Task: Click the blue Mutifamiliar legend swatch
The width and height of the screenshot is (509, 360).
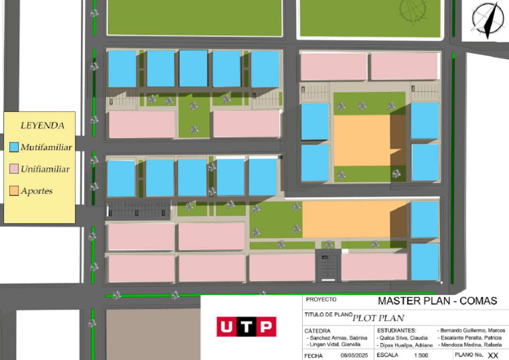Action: coord(15,147)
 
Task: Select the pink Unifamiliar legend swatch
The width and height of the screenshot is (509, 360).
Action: coord(15,168)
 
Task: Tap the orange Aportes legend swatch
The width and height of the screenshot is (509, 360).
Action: coord(15,191)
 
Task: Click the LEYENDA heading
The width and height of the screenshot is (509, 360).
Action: coord(42,125)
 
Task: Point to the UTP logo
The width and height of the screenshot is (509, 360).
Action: coord(246,326)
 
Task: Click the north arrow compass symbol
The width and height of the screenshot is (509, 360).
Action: coord(487,18)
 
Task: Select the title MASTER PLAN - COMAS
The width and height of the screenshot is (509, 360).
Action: coord(437,301)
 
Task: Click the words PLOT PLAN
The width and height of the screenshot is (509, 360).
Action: coord(378,318)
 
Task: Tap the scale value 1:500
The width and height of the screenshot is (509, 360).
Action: coord(422,355)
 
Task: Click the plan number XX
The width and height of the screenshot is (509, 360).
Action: coord(492,355)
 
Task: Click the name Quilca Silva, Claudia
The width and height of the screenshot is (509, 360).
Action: coord(404,337)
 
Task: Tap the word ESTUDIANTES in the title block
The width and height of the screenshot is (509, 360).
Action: coord(396,330)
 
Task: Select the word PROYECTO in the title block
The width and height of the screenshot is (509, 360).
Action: coord(321,300)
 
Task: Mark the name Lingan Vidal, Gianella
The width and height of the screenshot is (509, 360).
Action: coord(336,345)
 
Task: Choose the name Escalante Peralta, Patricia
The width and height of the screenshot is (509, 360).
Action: coord(475,337)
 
